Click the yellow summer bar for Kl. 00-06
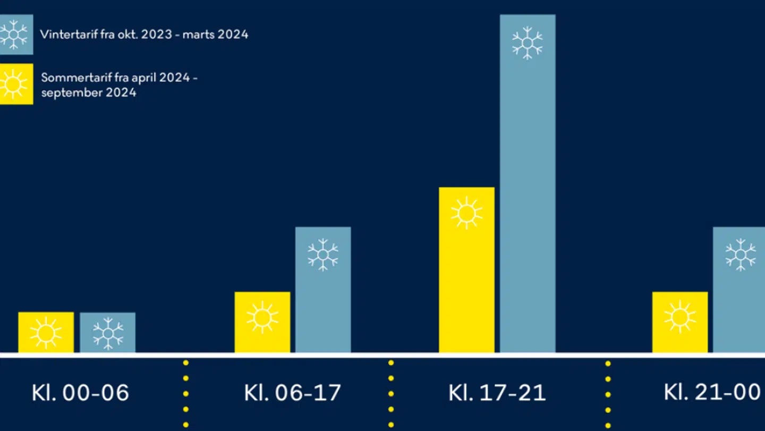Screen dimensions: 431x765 (46, 332)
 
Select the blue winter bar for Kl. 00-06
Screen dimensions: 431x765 (108, 333)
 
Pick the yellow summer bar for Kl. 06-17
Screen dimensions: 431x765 (262, 322)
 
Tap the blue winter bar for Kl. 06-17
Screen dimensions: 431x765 (323, 290)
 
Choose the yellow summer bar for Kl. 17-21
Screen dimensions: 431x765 (466, 270)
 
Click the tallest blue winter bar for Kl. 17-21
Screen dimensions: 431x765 (528, 183)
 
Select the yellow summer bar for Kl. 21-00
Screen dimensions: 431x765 (680, 322)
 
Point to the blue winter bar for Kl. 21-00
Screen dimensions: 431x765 (739, 290)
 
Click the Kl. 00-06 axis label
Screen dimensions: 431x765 (80, 393)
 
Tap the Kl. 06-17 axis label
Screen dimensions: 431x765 (292, 393)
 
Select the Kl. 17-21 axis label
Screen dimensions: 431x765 (497, 393)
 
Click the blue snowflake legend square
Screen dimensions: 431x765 (15, 35)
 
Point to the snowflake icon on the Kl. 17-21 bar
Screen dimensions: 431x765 (528, 43)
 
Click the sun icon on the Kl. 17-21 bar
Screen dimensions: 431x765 (466, 213)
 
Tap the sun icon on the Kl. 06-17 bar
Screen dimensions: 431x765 (262, 318)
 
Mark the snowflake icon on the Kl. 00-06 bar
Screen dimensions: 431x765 (108, 334)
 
